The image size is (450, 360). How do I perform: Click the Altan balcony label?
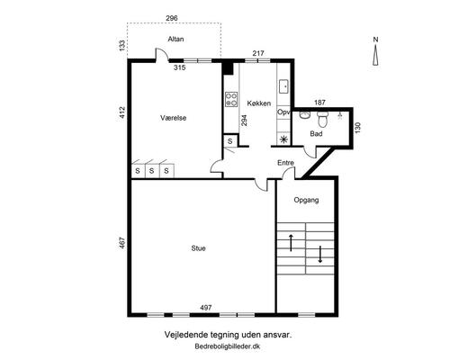175,39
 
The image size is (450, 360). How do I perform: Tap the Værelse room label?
174,118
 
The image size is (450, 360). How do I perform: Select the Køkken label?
259,103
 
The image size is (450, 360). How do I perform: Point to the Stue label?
198,248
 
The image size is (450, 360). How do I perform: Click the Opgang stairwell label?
306,200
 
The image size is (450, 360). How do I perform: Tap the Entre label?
285,163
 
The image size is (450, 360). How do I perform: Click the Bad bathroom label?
316,134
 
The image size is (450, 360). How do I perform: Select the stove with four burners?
231,99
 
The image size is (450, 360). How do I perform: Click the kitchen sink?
283,86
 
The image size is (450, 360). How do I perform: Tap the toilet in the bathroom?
323,119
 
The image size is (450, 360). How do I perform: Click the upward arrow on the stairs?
291,243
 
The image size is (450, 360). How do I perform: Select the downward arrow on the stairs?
320,255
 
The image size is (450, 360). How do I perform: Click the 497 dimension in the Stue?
206,308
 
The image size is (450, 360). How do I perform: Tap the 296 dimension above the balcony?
172,18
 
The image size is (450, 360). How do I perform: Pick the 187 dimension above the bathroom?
319,103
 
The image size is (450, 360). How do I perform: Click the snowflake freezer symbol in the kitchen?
283,139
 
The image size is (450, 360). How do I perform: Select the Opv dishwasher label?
283,112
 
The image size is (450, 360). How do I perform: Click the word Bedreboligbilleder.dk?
228,346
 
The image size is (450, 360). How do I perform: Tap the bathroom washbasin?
305,115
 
